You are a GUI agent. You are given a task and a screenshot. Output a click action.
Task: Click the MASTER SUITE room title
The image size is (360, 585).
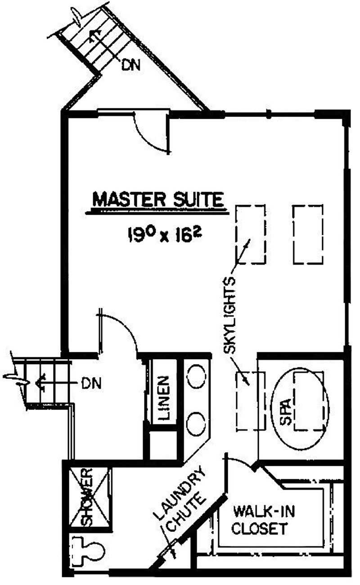(158, 200)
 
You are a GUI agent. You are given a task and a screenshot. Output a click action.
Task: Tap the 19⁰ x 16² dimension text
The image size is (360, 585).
(165, 234)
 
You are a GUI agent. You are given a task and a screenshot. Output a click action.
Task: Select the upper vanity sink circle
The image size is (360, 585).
(196, 376)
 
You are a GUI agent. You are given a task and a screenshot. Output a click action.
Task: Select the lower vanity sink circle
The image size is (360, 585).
(196, 424)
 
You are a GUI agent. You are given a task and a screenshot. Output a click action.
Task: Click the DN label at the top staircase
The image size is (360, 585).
(131, 65)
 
